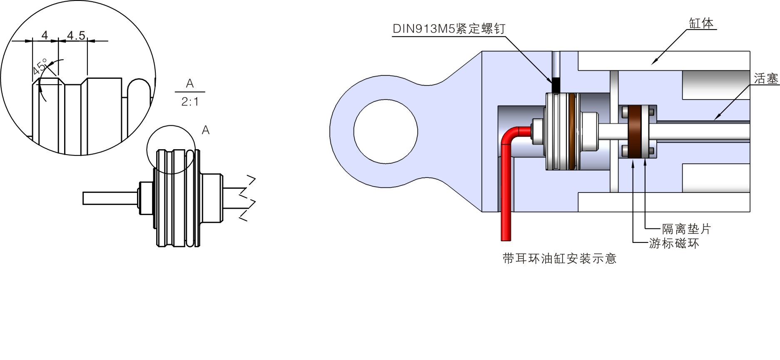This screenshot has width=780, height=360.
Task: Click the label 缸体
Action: pos(701,23)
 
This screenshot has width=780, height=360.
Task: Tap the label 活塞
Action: pos(766,79)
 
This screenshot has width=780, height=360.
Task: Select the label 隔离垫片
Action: pos(686,229)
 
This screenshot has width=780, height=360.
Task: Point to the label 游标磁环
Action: pos(674,243)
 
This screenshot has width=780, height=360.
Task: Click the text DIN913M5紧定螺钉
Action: pos(449,29)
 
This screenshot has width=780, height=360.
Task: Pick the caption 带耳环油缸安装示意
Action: pos(559,259)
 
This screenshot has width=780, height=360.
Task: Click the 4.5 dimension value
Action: pos(76,35)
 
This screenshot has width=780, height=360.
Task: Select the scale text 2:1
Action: pos(190,102)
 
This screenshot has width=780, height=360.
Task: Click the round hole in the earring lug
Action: pos(385,132)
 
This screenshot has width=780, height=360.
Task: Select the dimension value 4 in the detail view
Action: pos(45,35)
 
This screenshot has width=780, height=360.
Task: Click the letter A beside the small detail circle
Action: pos(205,130)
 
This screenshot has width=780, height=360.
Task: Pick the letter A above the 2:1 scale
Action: pos(190,84)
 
